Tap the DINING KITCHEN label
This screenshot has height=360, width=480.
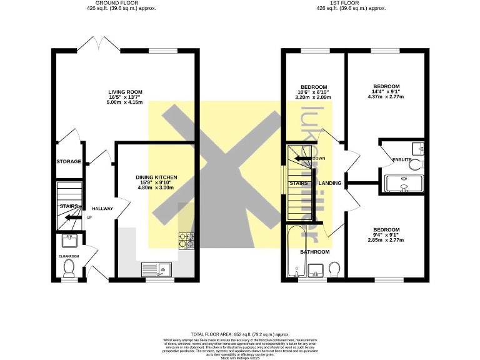tap(156, 177)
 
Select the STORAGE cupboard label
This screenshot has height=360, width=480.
tap(69, 162)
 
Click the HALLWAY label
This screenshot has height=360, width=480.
tap(102, 209)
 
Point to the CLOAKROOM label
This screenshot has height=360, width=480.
tap(69, 256)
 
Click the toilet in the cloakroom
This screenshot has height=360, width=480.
tap(69, 267)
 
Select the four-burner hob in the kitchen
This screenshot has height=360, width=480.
tap(187, 240)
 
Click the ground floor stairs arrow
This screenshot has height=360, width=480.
tap(70, 217)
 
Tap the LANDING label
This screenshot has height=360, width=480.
tap(329, 183)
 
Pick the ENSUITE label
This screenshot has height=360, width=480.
tap(401, 160)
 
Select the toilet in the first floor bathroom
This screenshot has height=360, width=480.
tap(334, 269)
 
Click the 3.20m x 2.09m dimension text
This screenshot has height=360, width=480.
tap(314, 98)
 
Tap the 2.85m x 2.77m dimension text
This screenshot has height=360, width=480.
tap(386, 241)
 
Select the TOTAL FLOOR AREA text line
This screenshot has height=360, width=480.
tap(240, 334)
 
